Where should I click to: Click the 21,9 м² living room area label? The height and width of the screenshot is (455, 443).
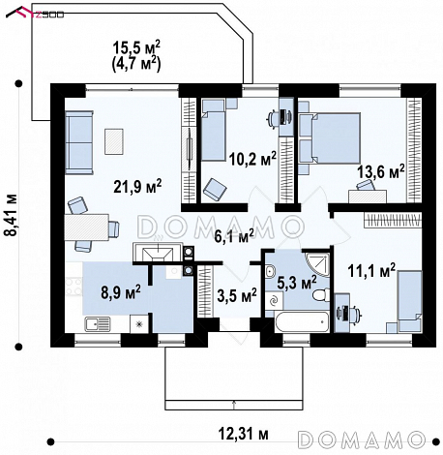[137, 186]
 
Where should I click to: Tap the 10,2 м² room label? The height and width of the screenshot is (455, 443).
[252, 158]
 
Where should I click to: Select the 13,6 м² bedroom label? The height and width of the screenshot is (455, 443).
[381, 170]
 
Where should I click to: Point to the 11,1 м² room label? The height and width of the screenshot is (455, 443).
[371, 270]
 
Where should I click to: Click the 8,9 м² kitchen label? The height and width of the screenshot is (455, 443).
[121, 291]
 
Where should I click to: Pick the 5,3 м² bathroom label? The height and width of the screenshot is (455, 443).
[297, 282]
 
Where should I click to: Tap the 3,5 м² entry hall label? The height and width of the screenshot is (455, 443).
[237, 295]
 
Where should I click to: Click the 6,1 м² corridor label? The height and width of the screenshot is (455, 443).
[234, 236]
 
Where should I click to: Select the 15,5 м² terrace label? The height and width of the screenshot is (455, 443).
[136, 47]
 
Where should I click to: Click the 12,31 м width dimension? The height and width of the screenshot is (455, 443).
[244, 434]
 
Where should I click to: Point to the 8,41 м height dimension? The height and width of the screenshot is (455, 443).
[13, 215]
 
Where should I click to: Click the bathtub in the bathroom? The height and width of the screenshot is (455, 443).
[302, 321]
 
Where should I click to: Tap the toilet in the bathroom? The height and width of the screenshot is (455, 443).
[321, 294]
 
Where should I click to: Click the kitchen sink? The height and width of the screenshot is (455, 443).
[98, 323]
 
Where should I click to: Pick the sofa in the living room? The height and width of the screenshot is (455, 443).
[79, 142]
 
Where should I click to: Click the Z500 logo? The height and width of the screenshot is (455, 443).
[35, 14]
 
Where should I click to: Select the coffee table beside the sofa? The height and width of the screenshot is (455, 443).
[114, 141]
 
